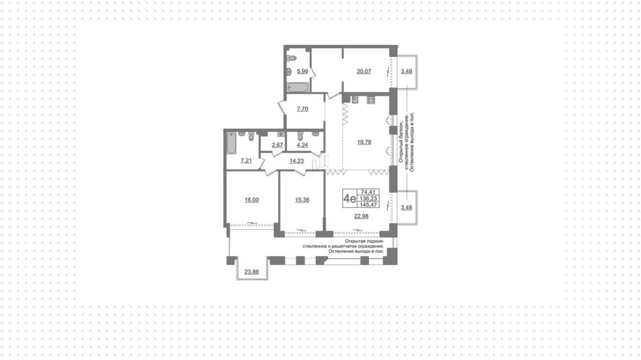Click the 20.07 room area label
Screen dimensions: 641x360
(364, 71)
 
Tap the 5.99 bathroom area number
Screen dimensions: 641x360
(302, 71)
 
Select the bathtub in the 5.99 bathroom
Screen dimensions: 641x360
(298, 87)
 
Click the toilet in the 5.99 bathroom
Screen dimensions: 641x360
(291, 58)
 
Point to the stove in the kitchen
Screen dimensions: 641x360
(371, 100)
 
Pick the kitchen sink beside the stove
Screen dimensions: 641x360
(355, 100)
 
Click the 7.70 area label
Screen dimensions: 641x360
(302, 109)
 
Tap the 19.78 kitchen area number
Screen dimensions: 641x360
(364, 142)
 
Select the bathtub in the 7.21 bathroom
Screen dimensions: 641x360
(231, 143)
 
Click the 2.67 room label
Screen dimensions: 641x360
(277, 145)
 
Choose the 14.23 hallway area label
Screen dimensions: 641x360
(296, 161)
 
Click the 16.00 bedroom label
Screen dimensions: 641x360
(251, 200)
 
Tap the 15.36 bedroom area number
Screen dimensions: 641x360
(302, 200)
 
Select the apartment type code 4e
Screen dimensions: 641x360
(350, 199)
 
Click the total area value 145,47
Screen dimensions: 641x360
(368, 205)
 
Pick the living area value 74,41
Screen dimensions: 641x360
(368, 192)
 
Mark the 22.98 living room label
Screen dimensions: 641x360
(361, 216)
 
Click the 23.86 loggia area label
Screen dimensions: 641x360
(251, 272)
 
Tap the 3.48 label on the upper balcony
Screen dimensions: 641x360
(406, 71)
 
